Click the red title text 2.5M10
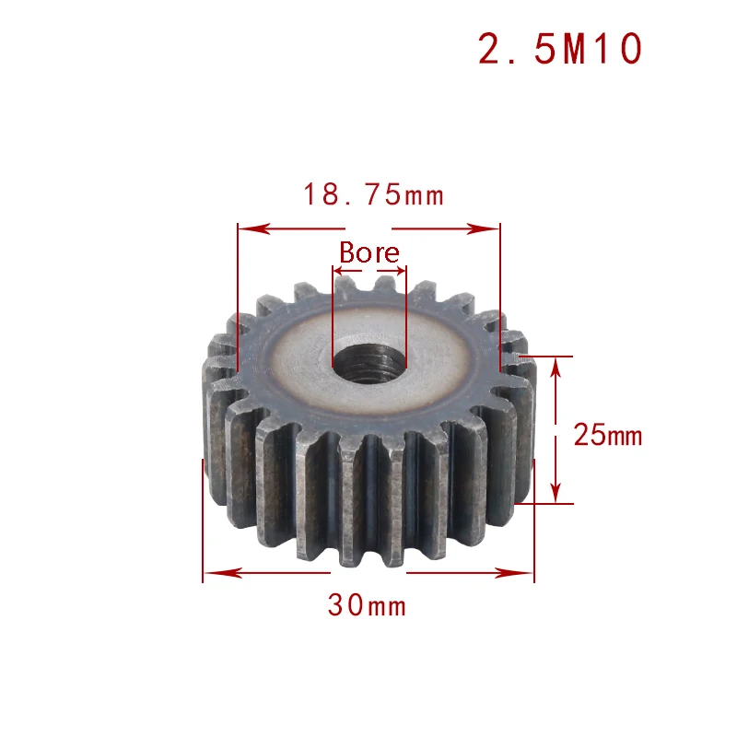tap(559, 50)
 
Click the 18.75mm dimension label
tap(373, 195)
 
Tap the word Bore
tap(369, 252)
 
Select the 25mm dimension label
tap(607, 434)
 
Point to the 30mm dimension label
tap(367, 606)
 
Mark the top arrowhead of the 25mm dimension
tap(556, 363)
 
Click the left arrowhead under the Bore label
tap(337, 273)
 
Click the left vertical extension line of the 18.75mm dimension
tap(238, 295)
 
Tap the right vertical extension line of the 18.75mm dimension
tap(499, 295)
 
